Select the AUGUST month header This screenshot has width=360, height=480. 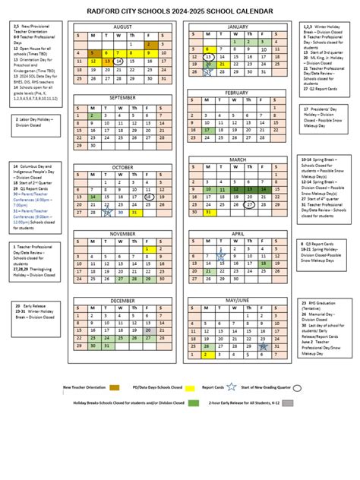pos(123,27)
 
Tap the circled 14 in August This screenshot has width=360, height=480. pos(120,62)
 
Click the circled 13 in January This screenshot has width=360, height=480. pos(208,57)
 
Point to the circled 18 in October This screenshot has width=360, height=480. pos(149,196)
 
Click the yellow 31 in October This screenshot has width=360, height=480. pos(134,213)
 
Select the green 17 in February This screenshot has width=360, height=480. pos(207,130)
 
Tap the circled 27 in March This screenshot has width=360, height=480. pos(250,204)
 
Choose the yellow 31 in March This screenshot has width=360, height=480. pos(207,213)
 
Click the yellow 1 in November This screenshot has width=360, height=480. pos(148,249)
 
